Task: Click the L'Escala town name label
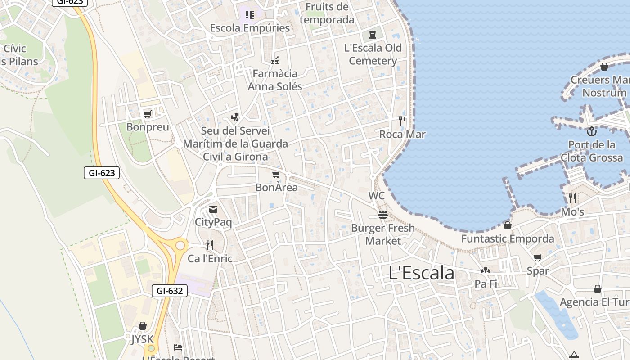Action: click(x=421, y=273)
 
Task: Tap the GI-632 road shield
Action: click(x=170, y=291)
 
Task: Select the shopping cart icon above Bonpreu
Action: click(x=147, y=114)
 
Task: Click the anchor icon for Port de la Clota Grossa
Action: click(x=592, y=131)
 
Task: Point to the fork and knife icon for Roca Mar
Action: click(x=402, y=121)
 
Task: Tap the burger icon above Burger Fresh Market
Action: click(x=383, y=215)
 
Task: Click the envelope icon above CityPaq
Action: click(x=213, y=209)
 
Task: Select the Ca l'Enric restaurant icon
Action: click(x=210, y=245)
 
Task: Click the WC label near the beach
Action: click(x=377, y=196)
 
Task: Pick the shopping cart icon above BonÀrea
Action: click(x=276, y=174)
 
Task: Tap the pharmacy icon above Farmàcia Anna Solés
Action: click(x=275, y=60)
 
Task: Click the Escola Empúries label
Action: click(x=250, y=28)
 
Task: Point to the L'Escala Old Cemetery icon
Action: click(x=373, y=34)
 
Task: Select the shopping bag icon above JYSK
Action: click(x=143, y=325)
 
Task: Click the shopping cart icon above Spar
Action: click(x=537, y=258)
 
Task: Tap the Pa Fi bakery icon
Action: click(x=486, y=271)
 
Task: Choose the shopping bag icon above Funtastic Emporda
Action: click(x=508, y=225)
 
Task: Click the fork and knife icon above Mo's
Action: click(x=572, y=198)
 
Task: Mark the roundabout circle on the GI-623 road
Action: click(x=180, y=245)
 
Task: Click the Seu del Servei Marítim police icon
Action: click(x=234, y=117)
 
